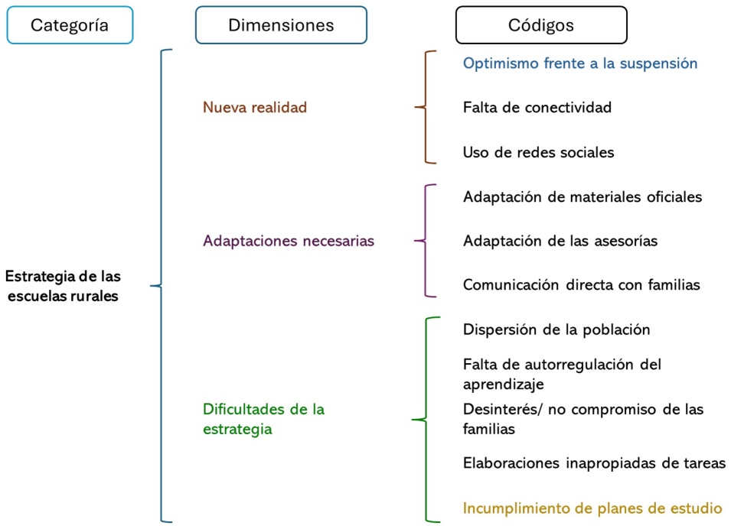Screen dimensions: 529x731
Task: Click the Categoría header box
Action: pyautogui.click(x=70, y=25)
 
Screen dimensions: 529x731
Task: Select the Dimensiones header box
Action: pyautogui.click(x=281, y=25)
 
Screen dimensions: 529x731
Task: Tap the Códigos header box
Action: pyautogui.click(x=541, y=25)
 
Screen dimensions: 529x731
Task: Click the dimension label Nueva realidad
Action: pyautogui.click(x=255, y=108)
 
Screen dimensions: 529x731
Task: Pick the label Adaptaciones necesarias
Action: pyautogui.click(x=289, y=241)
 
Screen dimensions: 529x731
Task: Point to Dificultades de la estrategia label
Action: pyautogui.click(x=263, y=419)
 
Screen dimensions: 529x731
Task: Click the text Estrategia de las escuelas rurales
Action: pyautogui.click(x=63, y=286)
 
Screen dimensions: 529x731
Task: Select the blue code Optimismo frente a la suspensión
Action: pyautogui.click(x=580, y=63)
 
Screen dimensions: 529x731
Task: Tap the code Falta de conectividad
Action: pyautogui.click(x=537, y=108)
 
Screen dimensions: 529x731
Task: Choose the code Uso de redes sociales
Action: pyautogui.click(x=538, y=152)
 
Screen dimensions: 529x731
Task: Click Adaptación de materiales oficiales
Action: pyautogui.click(x=583, y=196)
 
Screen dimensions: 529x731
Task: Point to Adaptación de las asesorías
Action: pyautogui.click(x=560, y=241)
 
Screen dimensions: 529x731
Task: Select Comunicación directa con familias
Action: pyautogui.click(x=582, y=285)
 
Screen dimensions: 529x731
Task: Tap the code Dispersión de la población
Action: pyautogui.click(x=556, y=329)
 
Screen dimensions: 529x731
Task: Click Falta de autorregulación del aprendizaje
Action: pyautogui.click(x=562, y=374)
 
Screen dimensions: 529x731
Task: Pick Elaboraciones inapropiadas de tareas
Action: pyautogui.click(x=594, y=462)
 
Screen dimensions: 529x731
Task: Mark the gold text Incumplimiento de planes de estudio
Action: pyautogui.click(x=592, y=508)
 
